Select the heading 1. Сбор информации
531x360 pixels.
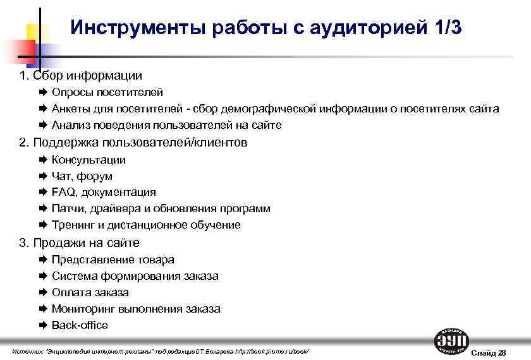[x=81, y=76]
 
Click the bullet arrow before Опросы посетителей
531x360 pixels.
[x=43, y=92]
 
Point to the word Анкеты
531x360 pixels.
[x=71, y=109]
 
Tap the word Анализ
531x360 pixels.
[x=71, y=125]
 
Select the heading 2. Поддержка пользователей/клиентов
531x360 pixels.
[x=133, y=143]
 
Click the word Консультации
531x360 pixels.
[x=88, y=160]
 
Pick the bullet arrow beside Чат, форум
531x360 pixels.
[x=43, y=176]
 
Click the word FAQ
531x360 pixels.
[x=63, y=192]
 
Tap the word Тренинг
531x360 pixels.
[x=73, y=225]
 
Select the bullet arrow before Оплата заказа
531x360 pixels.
[x=43, y=292]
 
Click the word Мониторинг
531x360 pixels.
[x=85, y=309]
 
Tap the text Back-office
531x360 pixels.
[x=80, y=325]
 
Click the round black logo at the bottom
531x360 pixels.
[x=451, y=341]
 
